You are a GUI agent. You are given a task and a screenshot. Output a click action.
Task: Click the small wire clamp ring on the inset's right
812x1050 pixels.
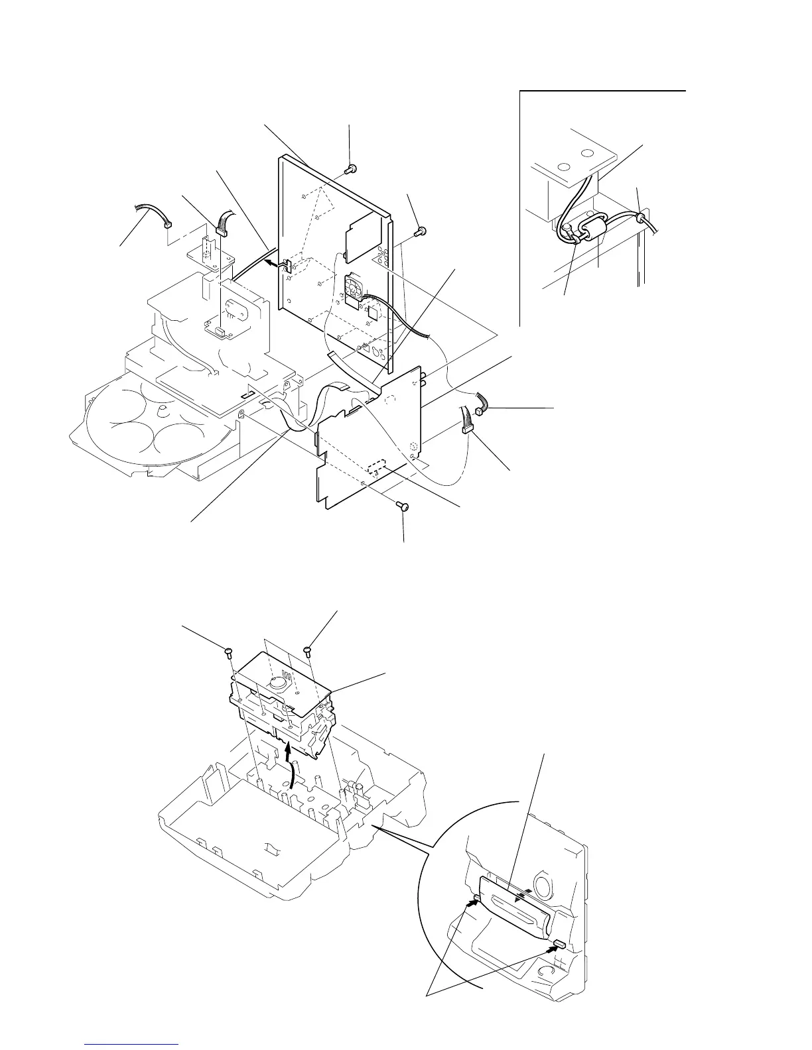tap(642, 217)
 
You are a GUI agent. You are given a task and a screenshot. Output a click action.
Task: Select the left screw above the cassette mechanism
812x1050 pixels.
tap(229, 651)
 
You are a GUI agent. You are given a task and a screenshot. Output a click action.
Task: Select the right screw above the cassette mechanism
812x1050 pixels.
tap(308, 650)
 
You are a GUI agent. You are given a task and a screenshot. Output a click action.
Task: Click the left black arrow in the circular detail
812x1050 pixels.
tap(474, 900)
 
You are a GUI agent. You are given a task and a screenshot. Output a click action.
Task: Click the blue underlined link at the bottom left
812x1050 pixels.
tap(132, 1045)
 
